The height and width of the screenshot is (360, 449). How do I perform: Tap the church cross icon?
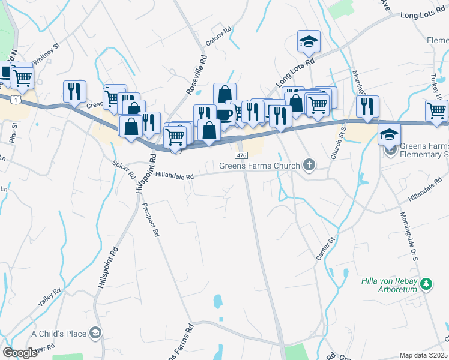[x=309, y=164]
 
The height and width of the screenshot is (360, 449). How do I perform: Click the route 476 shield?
[x=241, y=155]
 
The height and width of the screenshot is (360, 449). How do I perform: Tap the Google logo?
[x=19, y=353]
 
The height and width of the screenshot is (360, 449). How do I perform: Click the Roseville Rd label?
[x=197, y=75]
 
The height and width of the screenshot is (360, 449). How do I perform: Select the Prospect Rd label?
[x=150, y=219]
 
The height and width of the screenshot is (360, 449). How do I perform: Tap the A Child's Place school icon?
[x=95, y=332]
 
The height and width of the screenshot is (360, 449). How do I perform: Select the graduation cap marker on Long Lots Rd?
[x=309, y=41]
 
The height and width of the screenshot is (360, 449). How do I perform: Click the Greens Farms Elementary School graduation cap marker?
[x=390, y=135]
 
